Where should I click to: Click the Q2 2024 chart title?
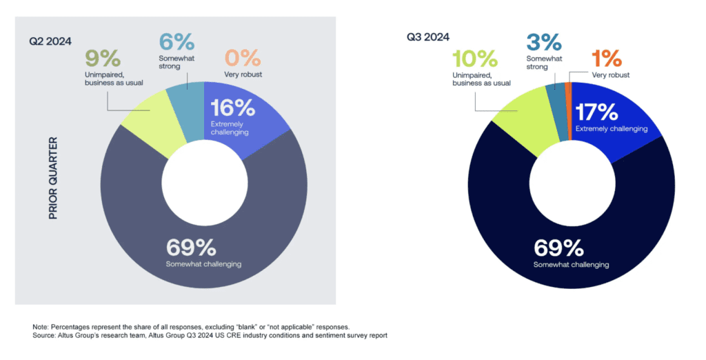coord(50,41)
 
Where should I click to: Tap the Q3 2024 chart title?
coord(427,37)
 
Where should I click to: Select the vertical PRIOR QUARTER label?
coord(53,179)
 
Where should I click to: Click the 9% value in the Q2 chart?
coord(103,58)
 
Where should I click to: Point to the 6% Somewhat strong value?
coord(176,42)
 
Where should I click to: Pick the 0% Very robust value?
coord(243,58)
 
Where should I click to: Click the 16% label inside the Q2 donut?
coord(233,108)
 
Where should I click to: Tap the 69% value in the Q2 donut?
coord(191,248)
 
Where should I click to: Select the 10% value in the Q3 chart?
coord(475,59)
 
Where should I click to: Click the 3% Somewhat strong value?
coord(544,42)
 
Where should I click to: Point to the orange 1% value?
coord(607,59)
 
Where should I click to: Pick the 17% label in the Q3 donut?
coord(596,112)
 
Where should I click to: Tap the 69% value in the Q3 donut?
coord(558,248)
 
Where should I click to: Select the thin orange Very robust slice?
coord(568,111)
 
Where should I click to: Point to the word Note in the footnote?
coord(39,327)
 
